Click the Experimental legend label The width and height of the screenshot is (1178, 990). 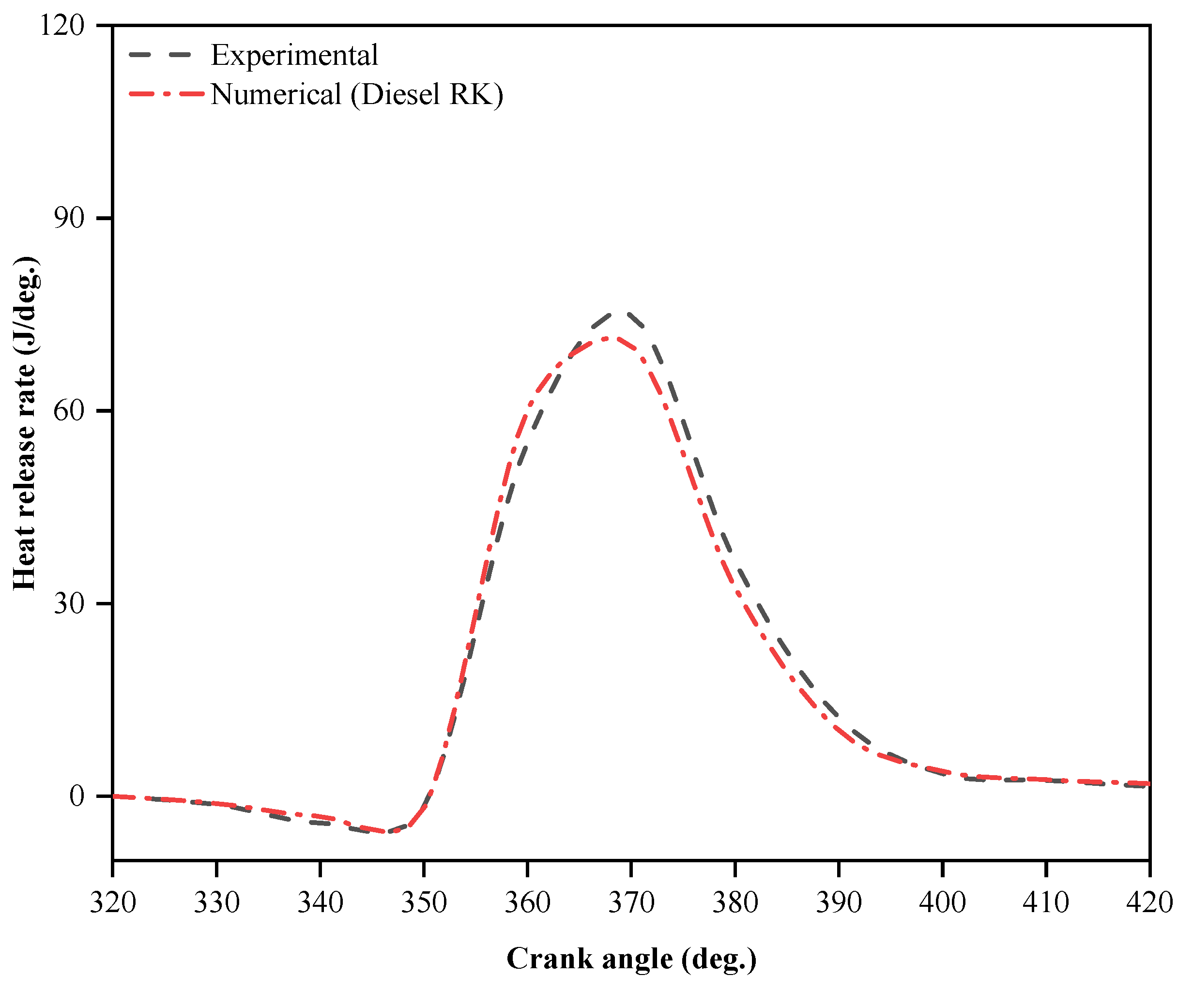[x=294, y=56]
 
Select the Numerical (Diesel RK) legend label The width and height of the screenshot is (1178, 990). [x=356, y=94]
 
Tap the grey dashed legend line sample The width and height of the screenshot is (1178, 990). [x=161, y=55]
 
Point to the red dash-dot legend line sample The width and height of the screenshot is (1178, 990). [x=166, y=94]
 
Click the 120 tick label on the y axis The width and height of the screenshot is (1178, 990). [x=62, y=26]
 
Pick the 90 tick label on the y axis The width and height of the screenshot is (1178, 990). [x=69, y=218]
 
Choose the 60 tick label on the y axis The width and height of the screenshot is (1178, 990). [x=69, y=411]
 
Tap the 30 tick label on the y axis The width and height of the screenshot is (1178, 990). [x=69, y=603]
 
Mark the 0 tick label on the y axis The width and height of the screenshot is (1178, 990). [x=77, y=796]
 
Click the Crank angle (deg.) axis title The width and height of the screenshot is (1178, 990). [x=631, y=959]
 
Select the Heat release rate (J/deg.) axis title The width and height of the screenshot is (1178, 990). [x=25, y=424]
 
